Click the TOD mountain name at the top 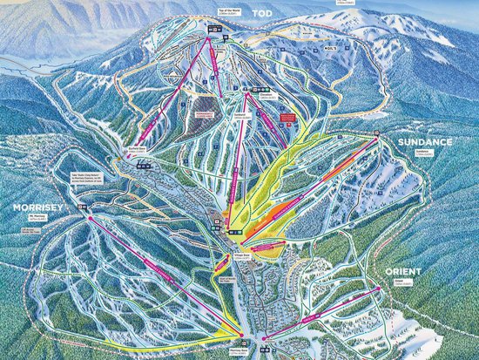point(262,12)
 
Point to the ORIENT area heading point(401,272)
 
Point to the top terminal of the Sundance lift point(376,139)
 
